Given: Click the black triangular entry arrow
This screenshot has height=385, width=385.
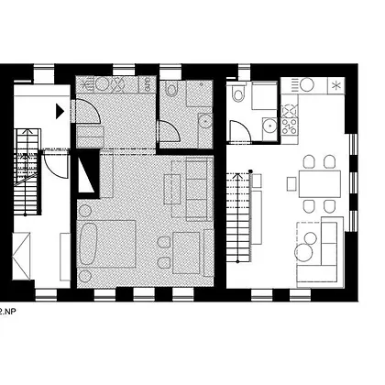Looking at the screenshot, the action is (60, 111).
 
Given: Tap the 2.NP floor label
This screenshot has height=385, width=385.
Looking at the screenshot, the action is (7, 312).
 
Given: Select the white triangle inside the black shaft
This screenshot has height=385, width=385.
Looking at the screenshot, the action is (85, 175).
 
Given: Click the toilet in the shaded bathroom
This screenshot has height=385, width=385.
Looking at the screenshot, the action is (171, 89).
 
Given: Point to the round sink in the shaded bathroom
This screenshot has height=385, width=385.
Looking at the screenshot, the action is (205, 122).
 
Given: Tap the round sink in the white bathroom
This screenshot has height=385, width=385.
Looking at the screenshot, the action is (269, 126).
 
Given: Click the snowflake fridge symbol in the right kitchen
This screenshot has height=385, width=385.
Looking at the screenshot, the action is (336, 85).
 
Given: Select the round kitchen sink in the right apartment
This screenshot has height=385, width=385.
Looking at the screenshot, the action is (307, 84).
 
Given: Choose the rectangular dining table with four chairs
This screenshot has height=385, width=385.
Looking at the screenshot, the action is (320, 183).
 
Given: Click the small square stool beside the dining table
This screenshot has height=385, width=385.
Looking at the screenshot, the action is (291, 184).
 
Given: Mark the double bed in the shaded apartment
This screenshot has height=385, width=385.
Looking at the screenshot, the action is (106, 244).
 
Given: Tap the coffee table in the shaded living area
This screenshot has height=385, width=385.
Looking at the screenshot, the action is (172, 189).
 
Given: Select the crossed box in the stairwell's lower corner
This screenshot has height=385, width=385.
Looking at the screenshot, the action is (21, 256).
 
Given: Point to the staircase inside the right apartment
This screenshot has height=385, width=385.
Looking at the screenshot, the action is (239, 217).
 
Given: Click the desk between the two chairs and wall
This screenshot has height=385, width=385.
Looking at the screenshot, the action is (186, 253).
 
